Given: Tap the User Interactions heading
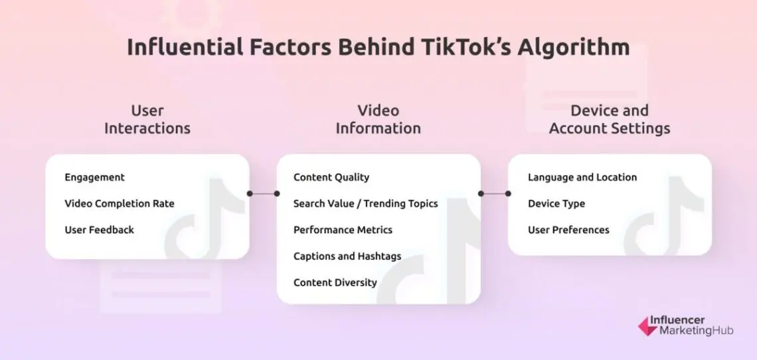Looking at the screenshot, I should (x=147, y=119).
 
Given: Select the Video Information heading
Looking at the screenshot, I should (x=378, y=119).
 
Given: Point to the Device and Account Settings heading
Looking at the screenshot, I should (x=609, y=119).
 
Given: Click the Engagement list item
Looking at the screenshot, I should (x=94, y=177).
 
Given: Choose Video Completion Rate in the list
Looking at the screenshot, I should (x=120, y=203).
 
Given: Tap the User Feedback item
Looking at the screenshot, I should (x=99, y=230).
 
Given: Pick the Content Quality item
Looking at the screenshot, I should (x=331, y=177).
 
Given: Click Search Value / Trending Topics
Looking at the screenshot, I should (x=365, y=203).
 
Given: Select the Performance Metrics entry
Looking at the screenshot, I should (x=343, y=230).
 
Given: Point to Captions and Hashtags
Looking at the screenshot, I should (x=347, y=256).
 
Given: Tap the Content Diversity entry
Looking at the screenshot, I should (x=335, y=282).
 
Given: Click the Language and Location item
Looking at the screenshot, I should (x=582, y=177).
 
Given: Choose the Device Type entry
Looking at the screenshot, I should (x=556, y=203).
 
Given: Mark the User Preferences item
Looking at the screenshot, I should (x=568, y=230).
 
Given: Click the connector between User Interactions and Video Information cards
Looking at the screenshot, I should (x=263, y=194).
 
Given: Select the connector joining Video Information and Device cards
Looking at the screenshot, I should (x=494, y=194).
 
